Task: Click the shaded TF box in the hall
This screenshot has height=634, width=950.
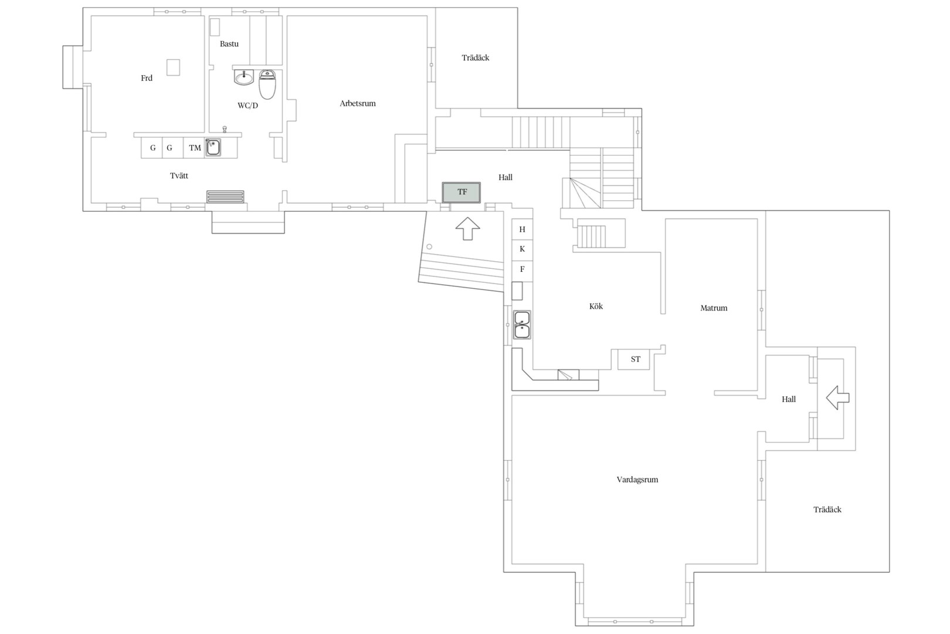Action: click(x=462, y=193)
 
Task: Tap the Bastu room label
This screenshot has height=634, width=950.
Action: click(x=229, y=44)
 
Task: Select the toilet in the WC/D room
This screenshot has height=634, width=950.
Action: click(x=267, y=84)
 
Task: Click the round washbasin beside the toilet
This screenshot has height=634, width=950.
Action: click(x=244, y=77)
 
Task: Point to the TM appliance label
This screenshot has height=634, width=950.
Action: click(x=195, y=148)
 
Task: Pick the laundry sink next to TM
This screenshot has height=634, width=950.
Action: click(x=213, y=147)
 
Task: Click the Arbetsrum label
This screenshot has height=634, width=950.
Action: click(x=358, y=103)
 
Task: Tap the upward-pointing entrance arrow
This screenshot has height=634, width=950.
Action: click(x=468, y=228)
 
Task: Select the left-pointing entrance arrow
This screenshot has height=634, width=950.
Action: click(x=837, y=397)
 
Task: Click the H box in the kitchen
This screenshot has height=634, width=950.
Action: click(x=522, y=230)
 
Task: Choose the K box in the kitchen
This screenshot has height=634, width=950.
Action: click(x=522, y=249)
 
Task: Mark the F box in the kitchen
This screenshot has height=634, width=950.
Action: click(x=522, y=269)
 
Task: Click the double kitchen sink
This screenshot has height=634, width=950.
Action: click(x=522, y=325)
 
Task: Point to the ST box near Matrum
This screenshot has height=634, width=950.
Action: click(x=633, y=359)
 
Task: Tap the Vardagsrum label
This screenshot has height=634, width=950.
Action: click(x=637, y=480)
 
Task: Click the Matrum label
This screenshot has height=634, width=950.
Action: click(x=714, y=308)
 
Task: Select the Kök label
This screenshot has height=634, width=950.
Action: click(x=596, y=306)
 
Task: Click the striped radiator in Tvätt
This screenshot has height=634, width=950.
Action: click(x=225, y=197)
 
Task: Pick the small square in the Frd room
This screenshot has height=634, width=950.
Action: click(x=173, y=67)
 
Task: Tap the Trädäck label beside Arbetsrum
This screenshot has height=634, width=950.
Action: click(x=476, y=58)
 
